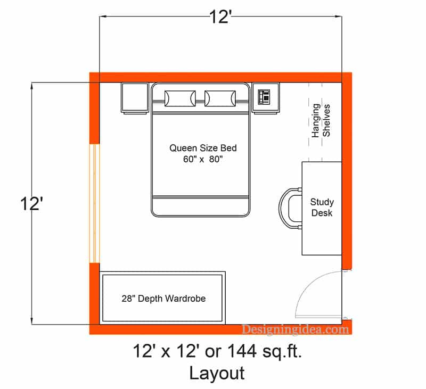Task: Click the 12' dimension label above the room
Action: click(220, 18)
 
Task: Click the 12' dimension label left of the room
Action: click(31, 203)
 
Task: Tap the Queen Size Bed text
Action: click(203, 148)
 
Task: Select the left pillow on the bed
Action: click(179, 98)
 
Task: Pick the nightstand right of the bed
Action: click(265, 98)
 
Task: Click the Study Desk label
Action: click(322, 208)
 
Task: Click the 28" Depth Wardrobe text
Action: click(163, 299)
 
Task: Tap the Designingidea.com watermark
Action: click(296, 329)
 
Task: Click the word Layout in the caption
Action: click(217, 373)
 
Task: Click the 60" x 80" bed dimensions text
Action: click(203, 159)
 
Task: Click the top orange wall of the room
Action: click(220, 77)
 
